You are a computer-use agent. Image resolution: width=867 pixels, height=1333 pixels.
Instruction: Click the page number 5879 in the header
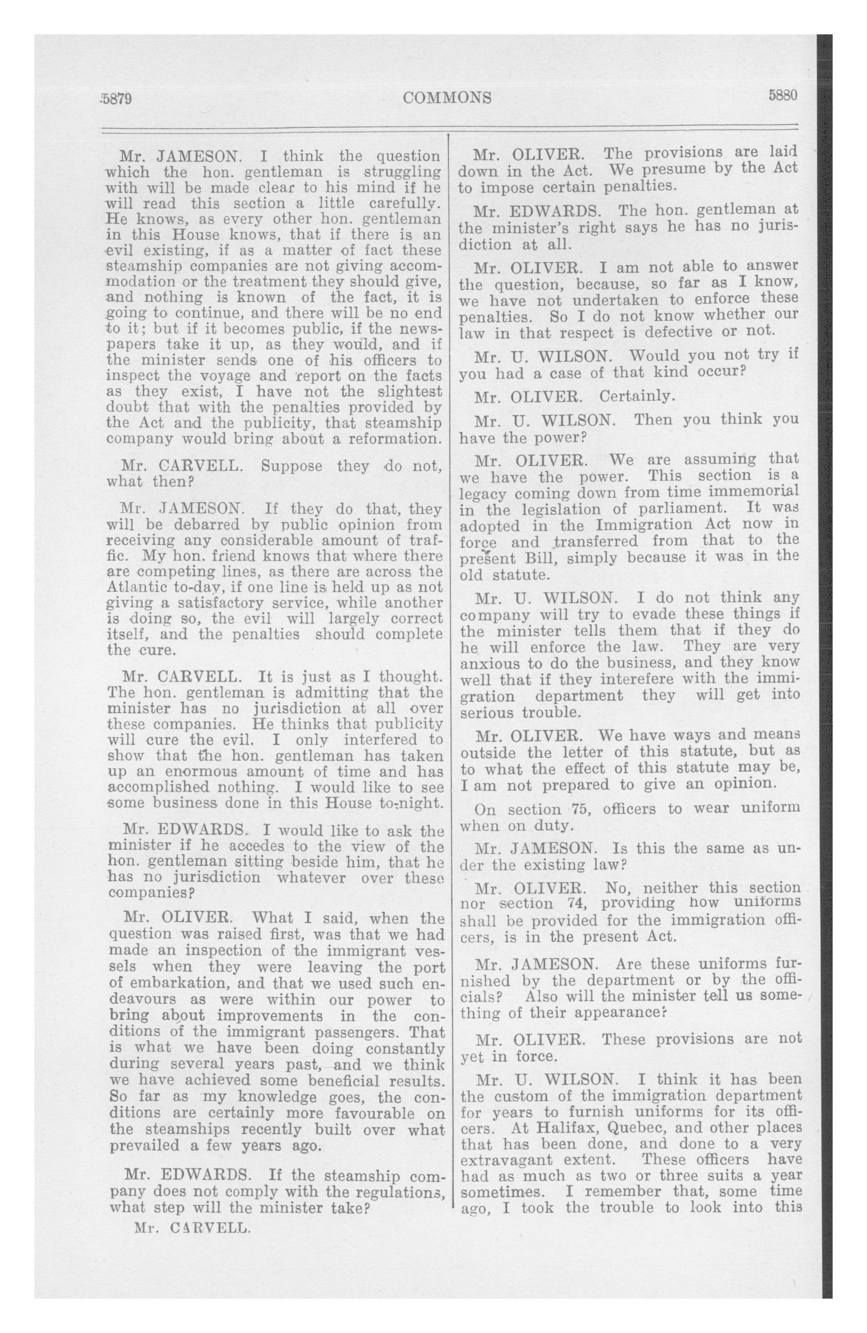click(116, 99)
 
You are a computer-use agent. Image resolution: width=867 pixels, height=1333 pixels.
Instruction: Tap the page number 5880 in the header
click(782, 95)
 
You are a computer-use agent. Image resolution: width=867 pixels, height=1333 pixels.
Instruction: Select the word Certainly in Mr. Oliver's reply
click(637, 396)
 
